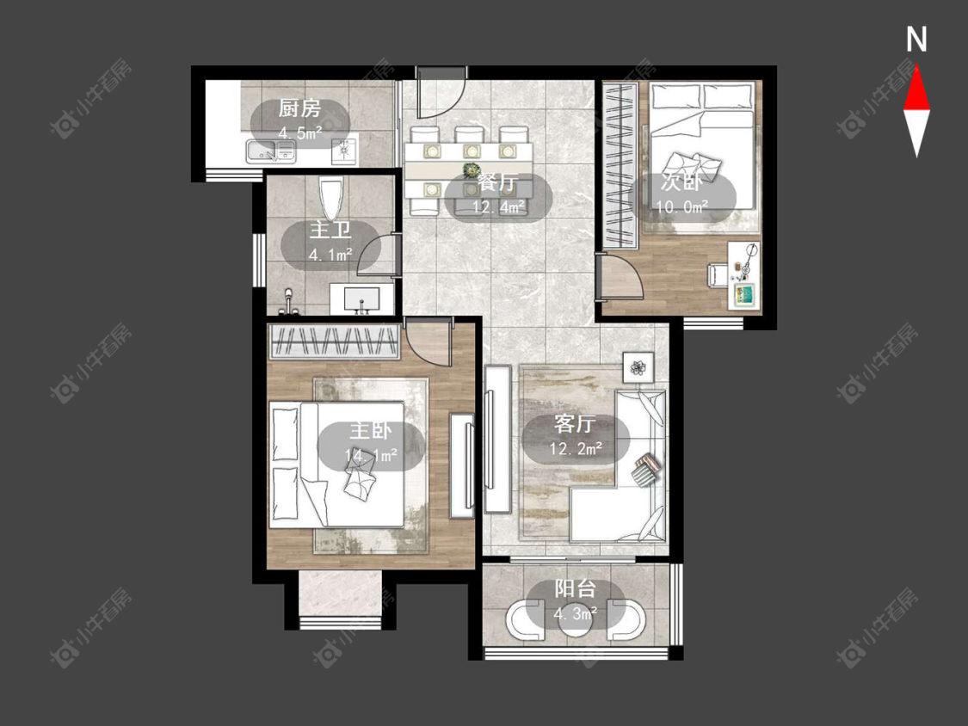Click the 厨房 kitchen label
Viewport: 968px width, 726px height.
(299, 108)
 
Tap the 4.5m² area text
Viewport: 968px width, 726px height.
(300, 132)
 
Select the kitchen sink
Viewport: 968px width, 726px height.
(270, 151)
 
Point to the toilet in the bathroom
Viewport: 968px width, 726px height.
(331, 198)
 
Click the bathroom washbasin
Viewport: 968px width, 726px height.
(361, 298)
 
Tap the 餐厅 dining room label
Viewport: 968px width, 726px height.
(497, 183)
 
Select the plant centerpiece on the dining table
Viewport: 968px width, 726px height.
(472, 168)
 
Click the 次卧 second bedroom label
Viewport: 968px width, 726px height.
(681, 182)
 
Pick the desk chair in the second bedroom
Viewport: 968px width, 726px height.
(716, 274)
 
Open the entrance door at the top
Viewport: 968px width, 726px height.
(441, 93)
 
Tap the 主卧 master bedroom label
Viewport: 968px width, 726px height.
(370, 430)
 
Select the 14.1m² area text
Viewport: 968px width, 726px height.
(371, 455)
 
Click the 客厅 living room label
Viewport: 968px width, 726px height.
(575, 424)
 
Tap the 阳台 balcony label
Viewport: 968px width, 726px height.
(575, 588)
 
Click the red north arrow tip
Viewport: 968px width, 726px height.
(916, 66)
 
